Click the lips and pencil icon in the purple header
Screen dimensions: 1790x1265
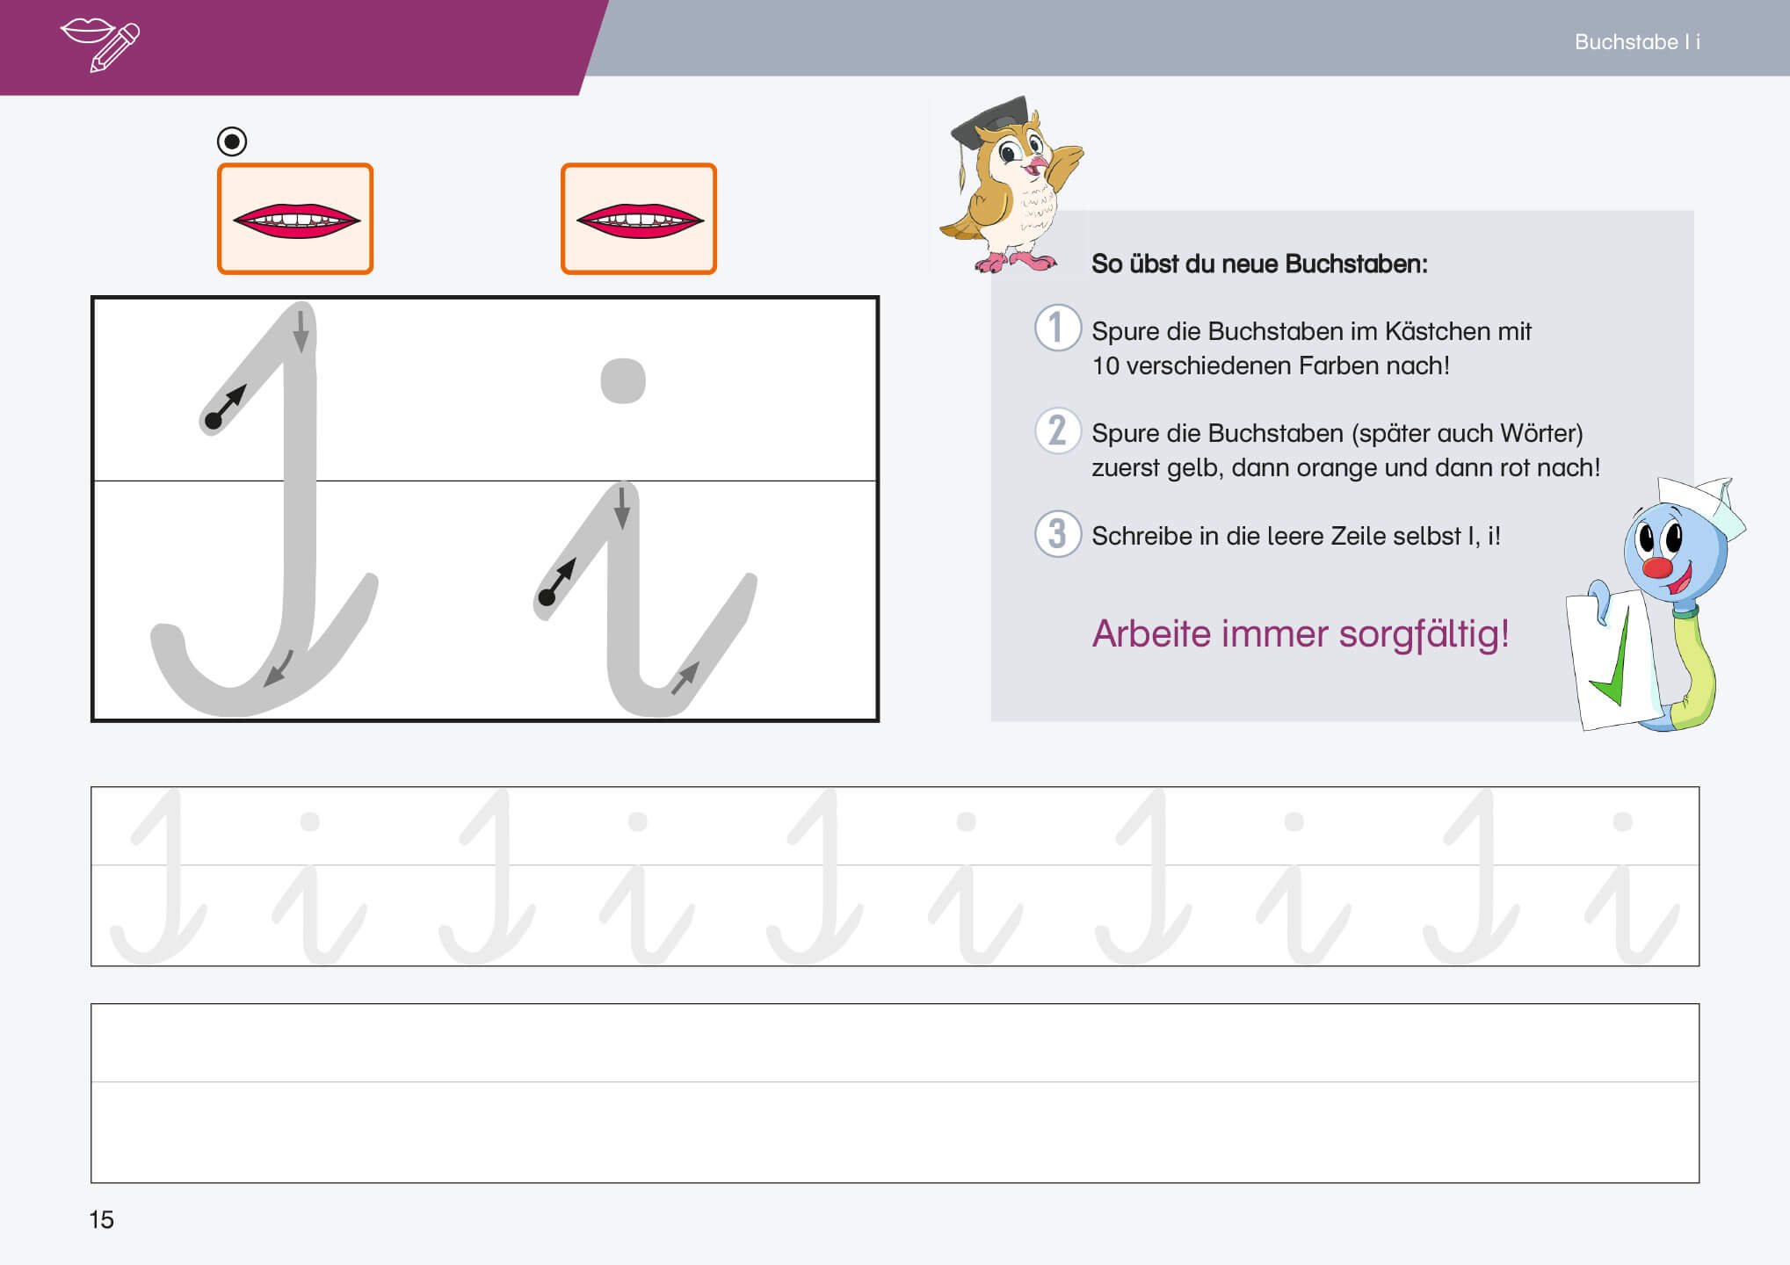click(100, 44)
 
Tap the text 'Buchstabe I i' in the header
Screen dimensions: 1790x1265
click(1637, 42)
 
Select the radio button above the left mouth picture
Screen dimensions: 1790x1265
click(232, 141)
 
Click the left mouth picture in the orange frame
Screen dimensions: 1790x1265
click(295, 219)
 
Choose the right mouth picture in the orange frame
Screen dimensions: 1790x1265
click(639, 219)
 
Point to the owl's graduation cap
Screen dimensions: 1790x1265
click(989, 123)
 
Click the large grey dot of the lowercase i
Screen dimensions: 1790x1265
click(623, 380)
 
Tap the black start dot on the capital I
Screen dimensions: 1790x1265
click(213, 421)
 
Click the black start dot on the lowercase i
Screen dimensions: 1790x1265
click(547, 597)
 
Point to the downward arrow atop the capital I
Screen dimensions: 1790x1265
click(301, 331)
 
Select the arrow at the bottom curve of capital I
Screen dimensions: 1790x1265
click(279, 669)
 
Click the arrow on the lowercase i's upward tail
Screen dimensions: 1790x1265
click(685, 677)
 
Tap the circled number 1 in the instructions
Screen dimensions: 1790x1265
click(1057, 328)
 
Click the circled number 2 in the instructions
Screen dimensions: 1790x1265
click(1057, 430)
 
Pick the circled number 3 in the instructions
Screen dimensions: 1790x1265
click(1057, 533)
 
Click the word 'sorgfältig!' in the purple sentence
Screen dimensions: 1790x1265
click(1424, 634)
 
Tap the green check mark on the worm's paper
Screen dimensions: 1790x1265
click(1612, 661)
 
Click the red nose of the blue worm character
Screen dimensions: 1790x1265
click(1657, 567)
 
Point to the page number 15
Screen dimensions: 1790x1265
click(101, 1219)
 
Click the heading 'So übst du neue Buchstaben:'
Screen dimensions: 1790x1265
click(1259, 264)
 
